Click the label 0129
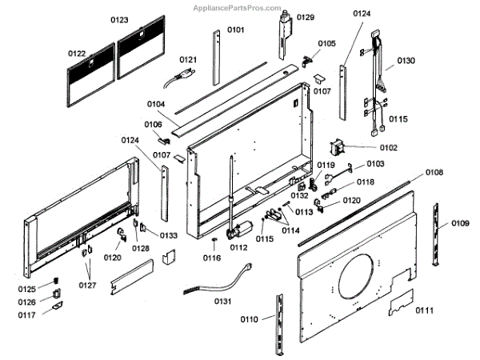tap(306, 17)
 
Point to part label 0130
tap(406, 60)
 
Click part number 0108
tap(434, 172)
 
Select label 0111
tap(425, 310)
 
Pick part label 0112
tap(238, 248)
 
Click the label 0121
tap(188, 60)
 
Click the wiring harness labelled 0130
tap(376, 80)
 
